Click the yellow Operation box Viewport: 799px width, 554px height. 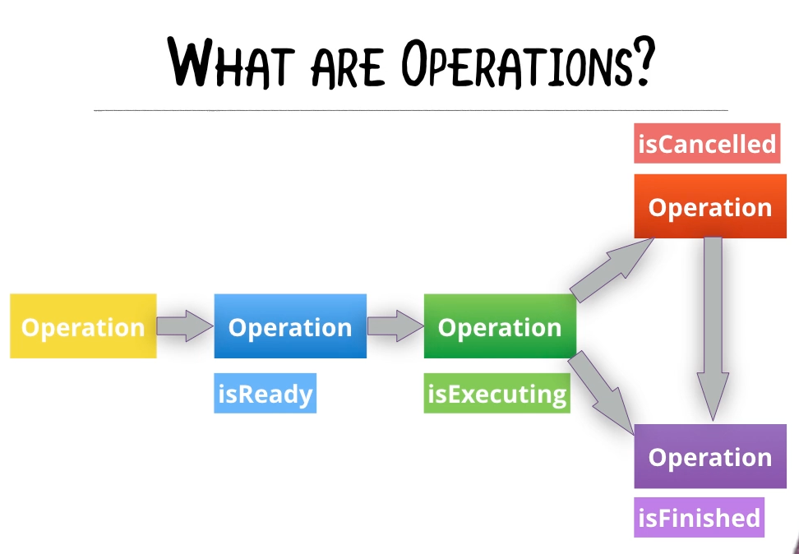click(83, 326)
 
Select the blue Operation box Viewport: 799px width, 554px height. click(290, 326)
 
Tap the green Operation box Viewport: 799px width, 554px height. click(500, 326)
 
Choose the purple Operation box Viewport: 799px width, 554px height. click(710, 456)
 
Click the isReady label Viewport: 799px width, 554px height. click(265, 395)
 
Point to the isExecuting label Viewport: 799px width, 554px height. click(497, 395)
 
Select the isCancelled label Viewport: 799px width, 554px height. click(707, 144)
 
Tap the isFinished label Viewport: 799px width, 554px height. click(700, 518)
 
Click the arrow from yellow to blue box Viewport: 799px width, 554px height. click(185, 325)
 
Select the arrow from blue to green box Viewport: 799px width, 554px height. click(395, 325)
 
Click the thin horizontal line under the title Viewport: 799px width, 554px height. click(411, 109)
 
